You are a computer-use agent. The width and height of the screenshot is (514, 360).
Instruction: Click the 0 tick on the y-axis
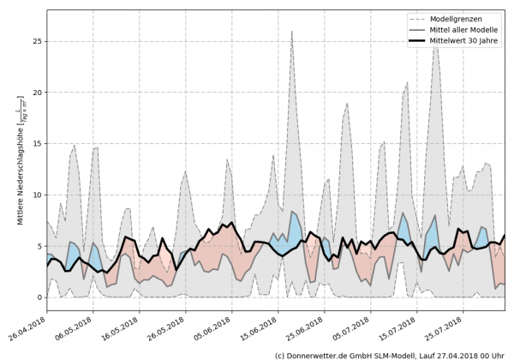click(39, 298)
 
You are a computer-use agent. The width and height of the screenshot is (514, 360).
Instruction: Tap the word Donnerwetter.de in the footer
click(326, 354)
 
